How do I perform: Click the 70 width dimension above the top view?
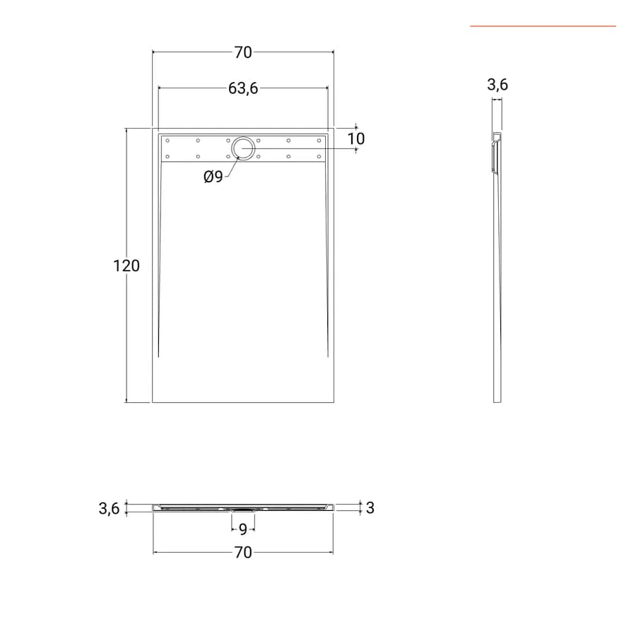(x=243, y=52)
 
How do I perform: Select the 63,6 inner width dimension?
(x=243, y=88)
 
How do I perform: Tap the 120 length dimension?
(x=126, y=266)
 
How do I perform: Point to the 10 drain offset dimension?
(x=356, y=139)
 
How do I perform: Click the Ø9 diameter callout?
(x=213, y=177)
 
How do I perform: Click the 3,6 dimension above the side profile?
(x=497, y=84)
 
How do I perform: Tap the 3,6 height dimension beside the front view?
(x=109, y=508)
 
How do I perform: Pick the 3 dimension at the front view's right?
(x=370, y=508)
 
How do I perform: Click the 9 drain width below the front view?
(x=243, y=529)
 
